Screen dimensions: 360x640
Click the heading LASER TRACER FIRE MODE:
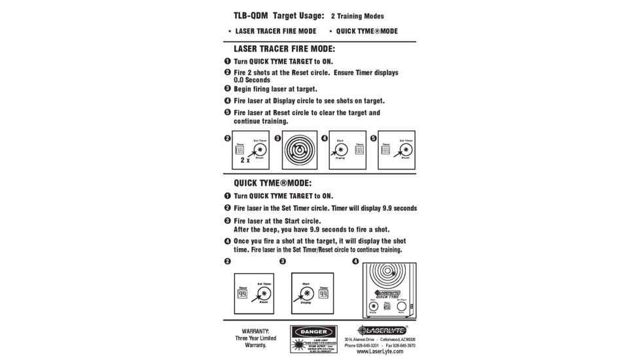coord(284,49)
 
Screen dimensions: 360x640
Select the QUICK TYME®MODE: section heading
coord(272,183)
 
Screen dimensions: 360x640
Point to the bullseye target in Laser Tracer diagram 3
coord(300,150)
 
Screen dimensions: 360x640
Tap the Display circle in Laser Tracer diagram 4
coord(342,149)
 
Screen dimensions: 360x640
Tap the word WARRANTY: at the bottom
coord(255,331)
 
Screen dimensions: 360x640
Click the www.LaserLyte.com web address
coord(380,351)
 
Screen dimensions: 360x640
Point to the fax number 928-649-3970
coord(402,345)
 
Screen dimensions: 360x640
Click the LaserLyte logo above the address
coord(382,330)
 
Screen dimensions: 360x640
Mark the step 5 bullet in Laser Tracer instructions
coord(227,113)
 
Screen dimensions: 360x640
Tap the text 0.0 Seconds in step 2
coord(252,80)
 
